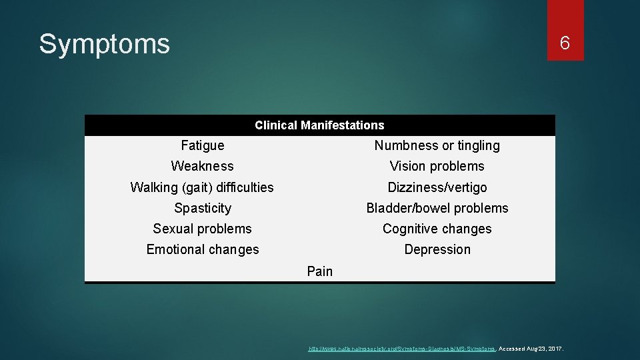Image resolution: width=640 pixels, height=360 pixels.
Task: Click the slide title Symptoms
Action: pos(105,45)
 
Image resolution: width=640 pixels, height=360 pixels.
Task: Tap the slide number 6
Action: pos(565,44)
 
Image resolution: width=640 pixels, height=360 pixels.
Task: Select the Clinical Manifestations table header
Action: pos(319,125)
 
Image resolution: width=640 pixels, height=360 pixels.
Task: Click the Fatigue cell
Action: pos(203,145)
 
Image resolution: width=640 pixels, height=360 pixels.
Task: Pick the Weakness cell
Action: pos(203,166)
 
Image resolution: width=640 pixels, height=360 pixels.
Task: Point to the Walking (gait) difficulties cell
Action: pos(202,187)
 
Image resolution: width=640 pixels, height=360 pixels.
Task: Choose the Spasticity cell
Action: pos(203,208)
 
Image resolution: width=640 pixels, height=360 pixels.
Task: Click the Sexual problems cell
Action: pos(203,229)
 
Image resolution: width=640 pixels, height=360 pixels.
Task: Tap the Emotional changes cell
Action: pos(203,249)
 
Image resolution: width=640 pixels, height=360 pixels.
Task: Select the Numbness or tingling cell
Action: pos(437,145)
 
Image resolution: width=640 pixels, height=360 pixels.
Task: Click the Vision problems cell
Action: pos(437,166)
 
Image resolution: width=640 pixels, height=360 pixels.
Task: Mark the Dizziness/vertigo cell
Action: pos(437,187)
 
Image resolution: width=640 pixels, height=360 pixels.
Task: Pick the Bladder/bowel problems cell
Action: pos(437,208)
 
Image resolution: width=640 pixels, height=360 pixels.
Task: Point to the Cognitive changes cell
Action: pos(437,229)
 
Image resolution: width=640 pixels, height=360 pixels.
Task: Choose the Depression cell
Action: pos(437,249)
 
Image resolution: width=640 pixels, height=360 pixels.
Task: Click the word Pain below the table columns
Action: pos(319,271)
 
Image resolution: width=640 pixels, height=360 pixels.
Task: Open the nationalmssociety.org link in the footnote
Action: pos(401,349)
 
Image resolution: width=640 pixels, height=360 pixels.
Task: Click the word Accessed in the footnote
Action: pos(511,349)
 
